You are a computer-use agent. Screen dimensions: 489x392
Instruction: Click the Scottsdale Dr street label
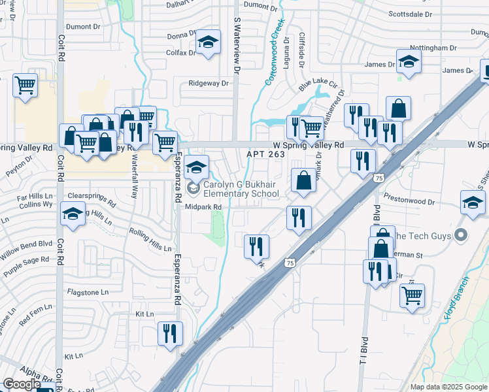tap(411, 14)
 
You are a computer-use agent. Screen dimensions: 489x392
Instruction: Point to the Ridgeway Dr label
tap(209, 84)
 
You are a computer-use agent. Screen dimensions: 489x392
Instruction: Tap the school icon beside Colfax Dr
tap(208, 43)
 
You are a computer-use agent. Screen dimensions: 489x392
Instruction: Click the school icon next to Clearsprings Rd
tap(73, 214)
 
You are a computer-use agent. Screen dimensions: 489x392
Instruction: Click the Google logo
tap(21, 384)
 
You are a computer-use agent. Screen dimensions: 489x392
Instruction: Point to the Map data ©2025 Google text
tap(448, 387)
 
